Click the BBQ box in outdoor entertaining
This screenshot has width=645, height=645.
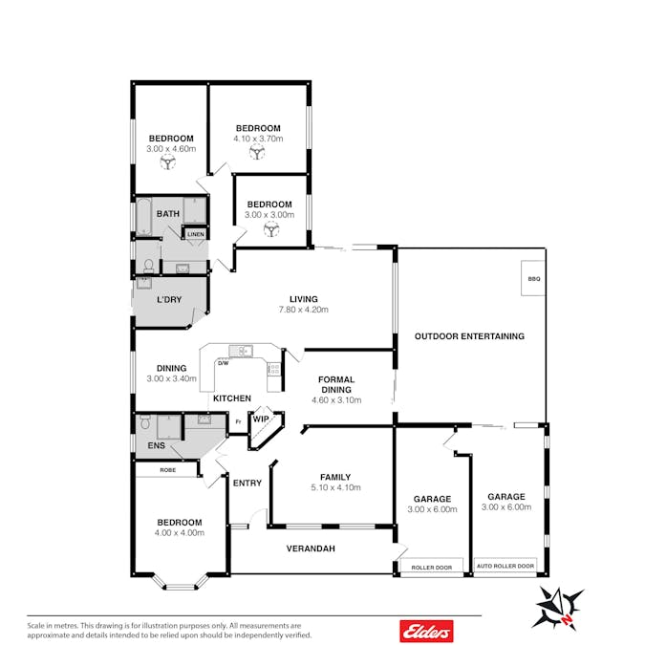[x=533, y=278]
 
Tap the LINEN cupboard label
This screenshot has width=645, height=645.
[x=195, y=234]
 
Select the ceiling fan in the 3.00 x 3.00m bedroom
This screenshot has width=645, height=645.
[x=271, y=229]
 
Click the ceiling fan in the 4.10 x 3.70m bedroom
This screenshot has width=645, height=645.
[x=257, y=152]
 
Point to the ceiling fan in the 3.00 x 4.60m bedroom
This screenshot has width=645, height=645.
[x=168, y=161]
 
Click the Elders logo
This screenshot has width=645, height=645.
[x=426, y=631]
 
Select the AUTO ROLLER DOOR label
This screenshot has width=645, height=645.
[x=505, y=566]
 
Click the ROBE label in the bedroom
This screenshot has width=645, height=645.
[x=168, y=470]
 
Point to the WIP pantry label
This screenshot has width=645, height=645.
[x=261, y=419]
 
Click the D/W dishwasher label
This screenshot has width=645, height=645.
[x=223, y=363]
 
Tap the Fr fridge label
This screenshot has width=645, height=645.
[x=238, y=421]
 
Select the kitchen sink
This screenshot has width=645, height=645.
[x=241, y=351]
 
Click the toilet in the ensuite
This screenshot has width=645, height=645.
[x=145, y=422]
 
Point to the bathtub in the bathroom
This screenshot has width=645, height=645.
[x=143, y=217]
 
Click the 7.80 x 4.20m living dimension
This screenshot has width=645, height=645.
[x=304, y=310]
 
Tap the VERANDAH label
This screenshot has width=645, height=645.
[x=311, y=548]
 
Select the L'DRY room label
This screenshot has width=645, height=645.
[x=169, y=299]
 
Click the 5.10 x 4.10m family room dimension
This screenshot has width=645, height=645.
[x=335, y=487]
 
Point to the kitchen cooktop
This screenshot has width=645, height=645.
[x=274, y=369]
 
